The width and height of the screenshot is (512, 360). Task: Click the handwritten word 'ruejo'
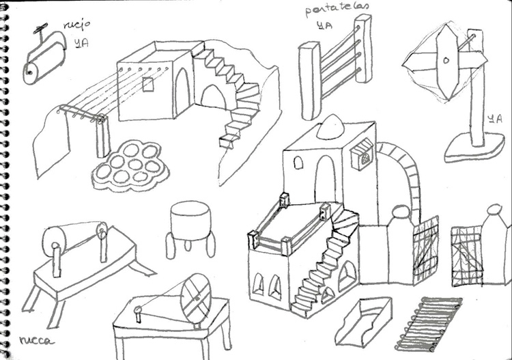click(76, 26)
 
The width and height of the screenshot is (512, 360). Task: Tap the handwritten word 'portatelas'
click(337, 9)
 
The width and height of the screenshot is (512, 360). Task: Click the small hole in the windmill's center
click(445, 61)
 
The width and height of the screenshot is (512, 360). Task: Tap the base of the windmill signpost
click(474, 148)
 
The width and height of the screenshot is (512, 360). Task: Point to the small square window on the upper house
click(147, 84)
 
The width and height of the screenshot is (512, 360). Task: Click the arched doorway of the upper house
click(182, 92)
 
